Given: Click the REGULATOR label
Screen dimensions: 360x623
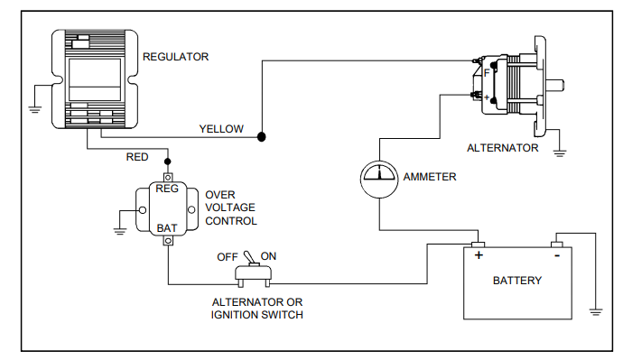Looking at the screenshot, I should [x=176, y=57].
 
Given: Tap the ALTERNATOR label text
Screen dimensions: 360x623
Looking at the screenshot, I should [x=502, y=148].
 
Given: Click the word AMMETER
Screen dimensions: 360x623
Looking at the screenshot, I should [x=431, y=177].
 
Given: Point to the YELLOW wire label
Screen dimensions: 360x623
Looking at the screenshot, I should [x=221, y=129].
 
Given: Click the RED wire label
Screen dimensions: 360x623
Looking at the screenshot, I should [x=138, y=157].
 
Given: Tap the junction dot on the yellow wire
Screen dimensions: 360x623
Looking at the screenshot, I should [x=262, y=137].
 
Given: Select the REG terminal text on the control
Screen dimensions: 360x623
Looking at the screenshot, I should [x=167, y=189].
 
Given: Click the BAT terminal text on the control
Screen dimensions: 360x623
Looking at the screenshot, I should [x=167, y=228].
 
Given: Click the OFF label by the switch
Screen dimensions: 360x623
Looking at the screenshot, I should [x=228, y=256].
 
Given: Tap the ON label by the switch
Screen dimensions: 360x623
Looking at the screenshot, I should [x=268, y=256].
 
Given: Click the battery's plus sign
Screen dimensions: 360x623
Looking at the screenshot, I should [x=478, y=256].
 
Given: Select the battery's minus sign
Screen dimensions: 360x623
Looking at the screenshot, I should [x=557, y=256].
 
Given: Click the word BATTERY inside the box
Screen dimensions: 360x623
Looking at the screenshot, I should [x=517, y=281].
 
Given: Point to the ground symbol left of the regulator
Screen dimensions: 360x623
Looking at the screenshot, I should [x=33, y=105].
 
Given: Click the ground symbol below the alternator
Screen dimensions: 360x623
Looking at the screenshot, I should [x=560, y=152].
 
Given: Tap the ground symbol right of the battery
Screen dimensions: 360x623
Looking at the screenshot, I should [x=596, y=311].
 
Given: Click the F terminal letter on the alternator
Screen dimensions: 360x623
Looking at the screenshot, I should [x=487, y=72].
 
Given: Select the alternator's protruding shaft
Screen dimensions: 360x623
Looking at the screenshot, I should [x=554, y=88].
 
